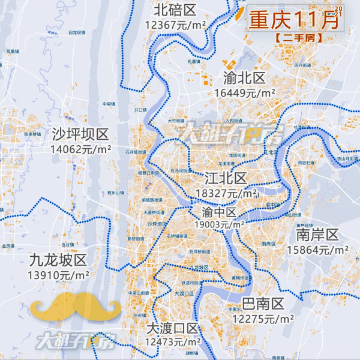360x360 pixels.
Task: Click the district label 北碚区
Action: tap(175, 10)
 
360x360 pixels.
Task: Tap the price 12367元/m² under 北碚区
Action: tap(175, 25)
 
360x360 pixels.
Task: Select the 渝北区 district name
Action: tap(244, 79)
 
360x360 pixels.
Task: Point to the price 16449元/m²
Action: tap(244, 93)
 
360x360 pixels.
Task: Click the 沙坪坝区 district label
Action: tap(80, 134)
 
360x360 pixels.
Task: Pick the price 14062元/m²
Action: tap(80, 149)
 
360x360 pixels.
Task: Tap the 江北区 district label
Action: tap(226, 178)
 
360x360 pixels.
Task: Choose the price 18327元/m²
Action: tap(226, 194)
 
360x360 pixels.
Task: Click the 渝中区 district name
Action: tap(219, 212)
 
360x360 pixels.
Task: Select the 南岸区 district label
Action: tap(318, 233)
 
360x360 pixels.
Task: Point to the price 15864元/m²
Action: tap(318, 249)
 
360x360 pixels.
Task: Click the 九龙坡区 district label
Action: tap(58, 260)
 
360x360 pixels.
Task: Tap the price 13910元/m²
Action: tap(58, 275)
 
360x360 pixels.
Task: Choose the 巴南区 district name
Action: tap(263, 304)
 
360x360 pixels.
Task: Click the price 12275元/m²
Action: tap(263, 319)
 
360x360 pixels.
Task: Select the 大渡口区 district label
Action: tap(172, 328)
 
